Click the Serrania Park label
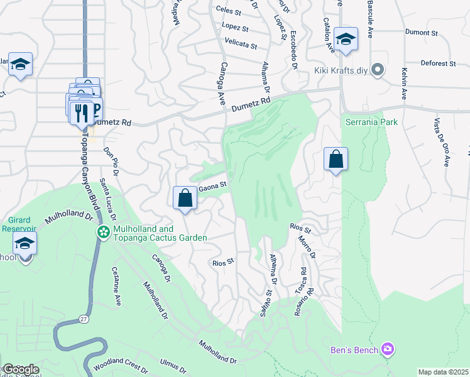(371, 123)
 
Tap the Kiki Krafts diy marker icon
(378, 69)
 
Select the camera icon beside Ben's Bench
(388, 349)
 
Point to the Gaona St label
(212, 187)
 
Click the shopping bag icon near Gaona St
(185, 199)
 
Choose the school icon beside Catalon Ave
(345, 39)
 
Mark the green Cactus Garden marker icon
(102, 232)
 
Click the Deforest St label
(438, 63)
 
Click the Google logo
(21, 369)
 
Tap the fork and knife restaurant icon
(81, 112)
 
